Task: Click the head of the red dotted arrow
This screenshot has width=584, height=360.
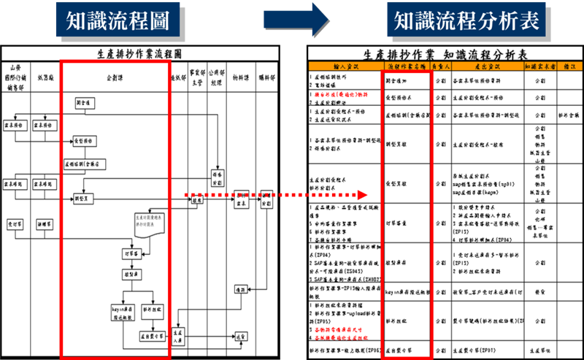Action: (360, 196)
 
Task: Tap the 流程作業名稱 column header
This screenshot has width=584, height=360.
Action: (406, 66)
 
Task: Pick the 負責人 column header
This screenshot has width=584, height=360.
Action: (439, 66)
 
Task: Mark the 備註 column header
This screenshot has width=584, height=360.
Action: (569, 66)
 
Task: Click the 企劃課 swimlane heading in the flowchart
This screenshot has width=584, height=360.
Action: (114, 75)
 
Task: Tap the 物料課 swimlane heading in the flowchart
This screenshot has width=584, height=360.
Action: (240, 75)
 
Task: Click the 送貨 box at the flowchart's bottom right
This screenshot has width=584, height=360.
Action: (241, 337)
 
